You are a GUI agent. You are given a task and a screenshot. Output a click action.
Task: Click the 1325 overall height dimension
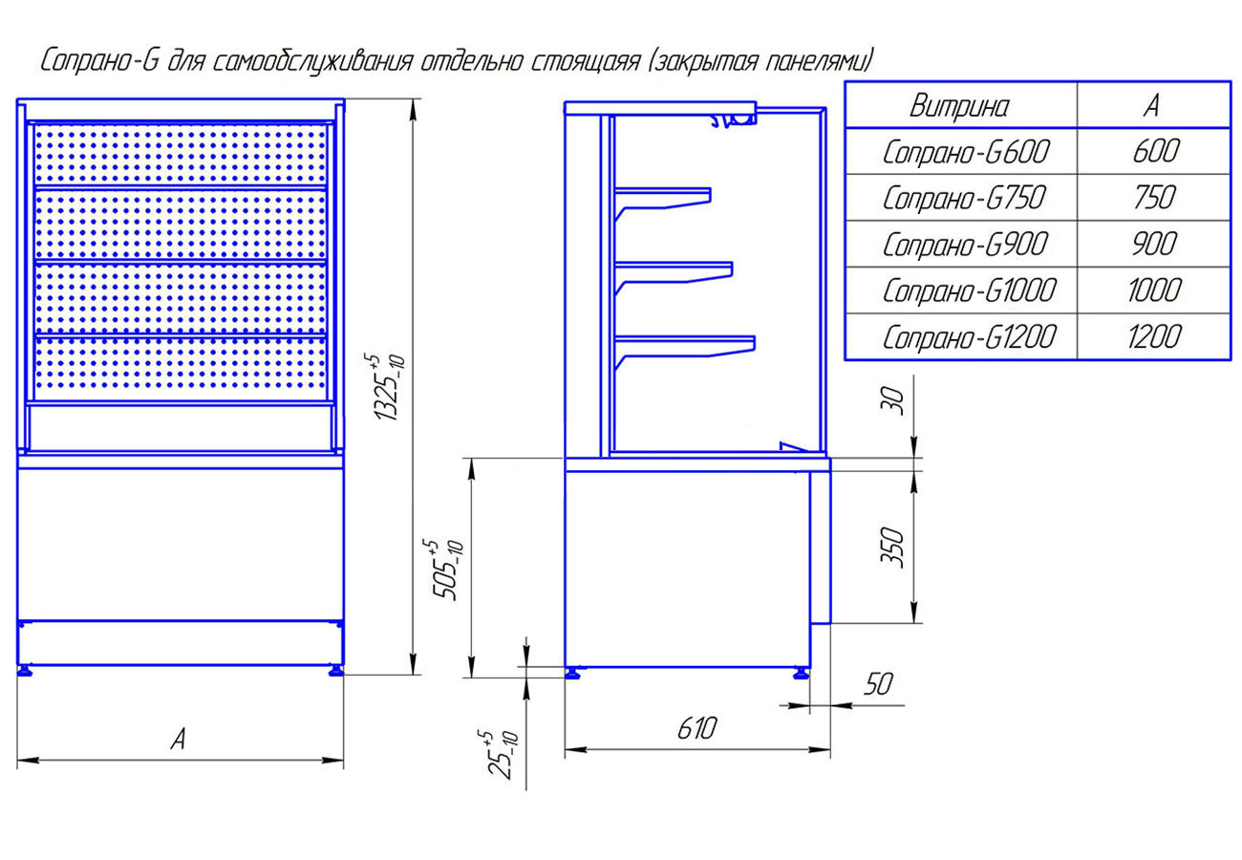click(x=388, y=387)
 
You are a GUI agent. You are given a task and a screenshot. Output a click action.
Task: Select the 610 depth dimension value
click(x=696, y=728)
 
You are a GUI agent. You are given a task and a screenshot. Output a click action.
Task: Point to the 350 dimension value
click(x=890, y=547)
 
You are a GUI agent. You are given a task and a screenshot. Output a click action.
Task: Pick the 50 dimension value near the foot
click(x=878, y=683)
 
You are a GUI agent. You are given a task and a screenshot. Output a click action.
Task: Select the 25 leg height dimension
click(x=500, y=754)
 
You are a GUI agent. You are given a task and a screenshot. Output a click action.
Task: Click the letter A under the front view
click(x=178, y=739)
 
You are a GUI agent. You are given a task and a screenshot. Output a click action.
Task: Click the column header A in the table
click(x=1151, y=105)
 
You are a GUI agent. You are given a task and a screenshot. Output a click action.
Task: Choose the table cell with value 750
click(x=1151, y=198)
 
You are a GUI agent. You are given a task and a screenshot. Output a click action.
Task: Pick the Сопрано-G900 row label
click(x=965, y=245)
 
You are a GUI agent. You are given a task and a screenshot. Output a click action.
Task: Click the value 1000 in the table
click(x=1152, y=290)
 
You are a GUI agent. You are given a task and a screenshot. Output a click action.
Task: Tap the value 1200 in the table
click(x=1152, y=337)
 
